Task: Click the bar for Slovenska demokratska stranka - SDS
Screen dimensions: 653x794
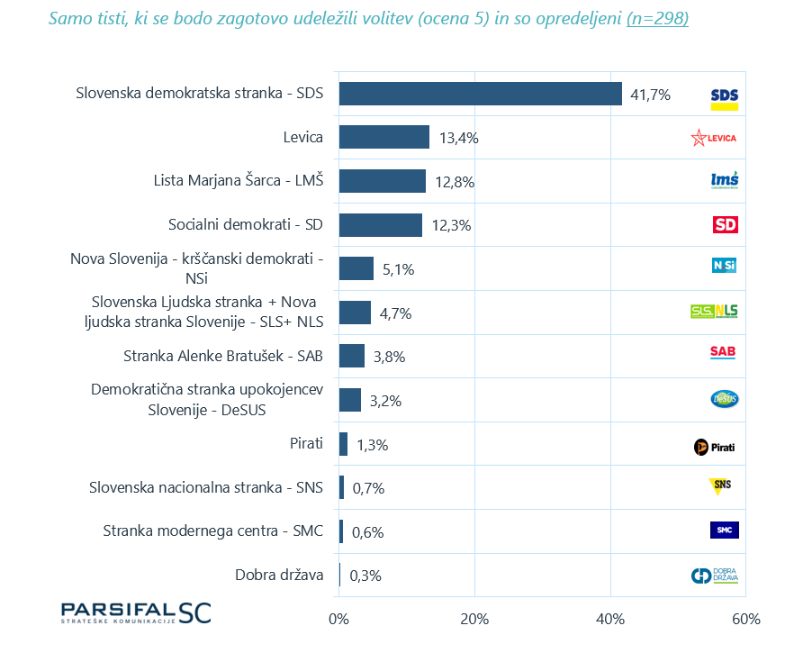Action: (480, 94)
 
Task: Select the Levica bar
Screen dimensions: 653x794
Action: (384, 137)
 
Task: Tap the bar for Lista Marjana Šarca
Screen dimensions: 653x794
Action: (382, 181)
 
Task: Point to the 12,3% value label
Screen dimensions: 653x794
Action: (452, 225)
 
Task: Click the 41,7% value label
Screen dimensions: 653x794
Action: (650, 95)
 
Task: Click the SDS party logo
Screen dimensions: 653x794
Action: (724, 97)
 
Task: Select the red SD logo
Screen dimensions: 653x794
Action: (725, 224)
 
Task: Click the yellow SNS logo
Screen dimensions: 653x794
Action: (720, 486)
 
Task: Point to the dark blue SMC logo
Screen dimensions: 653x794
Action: (724, 530)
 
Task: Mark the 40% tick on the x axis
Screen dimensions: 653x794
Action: (610, 620)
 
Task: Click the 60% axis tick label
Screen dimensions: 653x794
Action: (746, 620)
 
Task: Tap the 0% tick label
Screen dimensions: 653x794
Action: (338, 620)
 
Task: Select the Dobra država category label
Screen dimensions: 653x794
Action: (279, 575)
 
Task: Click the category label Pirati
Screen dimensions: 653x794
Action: (302, 443)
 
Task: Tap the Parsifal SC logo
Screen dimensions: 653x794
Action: (135, 612)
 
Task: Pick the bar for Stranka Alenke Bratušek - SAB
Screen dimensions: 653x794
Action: (352, 356)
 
